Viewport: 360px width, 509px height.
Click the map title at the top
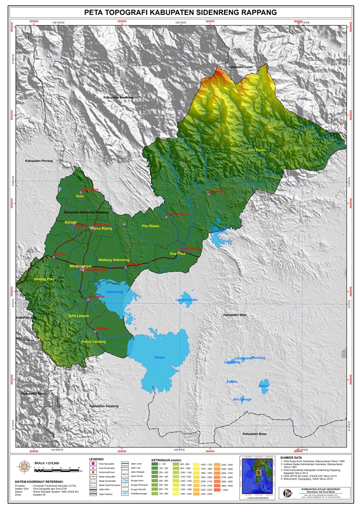pos(179,12)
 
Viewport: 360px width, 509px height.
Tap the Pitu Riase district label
pos(256,150)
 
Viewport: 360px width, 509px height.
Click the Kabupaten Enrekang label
pos(118,97)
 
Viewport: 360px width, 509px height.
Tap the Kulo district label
pos(79,196)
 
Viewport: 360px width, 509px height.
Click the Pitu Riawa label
pos(151,225)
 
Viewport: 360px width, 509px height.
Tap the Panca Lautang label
pos(93,341)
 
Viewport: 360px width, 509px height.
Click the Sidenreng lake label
pos(114,291)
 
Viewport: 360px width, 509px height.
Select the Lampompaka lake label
pos(186,299)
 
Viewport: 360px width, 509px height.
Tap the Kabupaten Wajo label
pos(235,315)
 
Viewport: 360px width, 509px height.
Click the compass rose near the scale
pos(24,466)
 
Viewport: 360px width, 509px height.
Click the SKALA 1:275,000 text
pos(47,463)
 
